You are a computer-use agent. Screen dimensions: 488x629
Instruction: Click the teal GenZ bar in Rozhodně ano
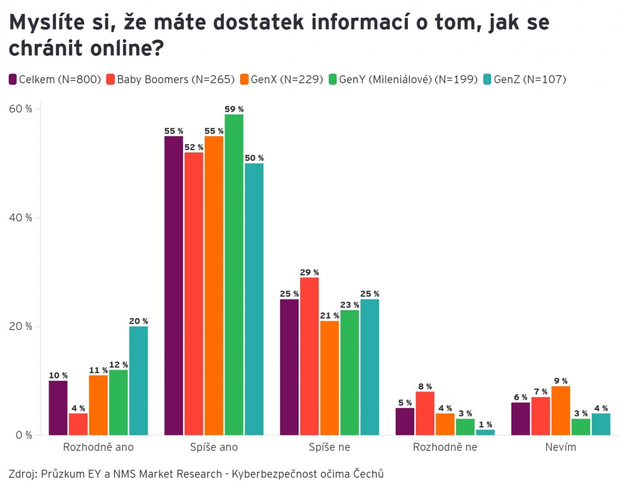tap(138, 380)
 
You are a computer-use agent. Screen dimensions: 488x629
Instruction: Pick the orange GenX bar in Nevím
tap(561, 410)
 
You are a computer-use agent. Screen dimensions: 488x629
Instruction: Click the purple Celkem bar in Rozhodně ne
tap(405, 421)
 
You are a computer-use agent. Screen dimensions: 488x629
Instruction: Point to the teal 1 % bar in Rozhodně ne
tap(485, 432)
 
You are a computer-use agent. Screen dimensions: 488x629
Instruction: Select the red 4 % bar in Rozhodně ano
tap(78, 424)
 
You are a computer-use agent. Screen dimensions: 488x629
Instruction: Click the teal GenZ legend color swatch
tap(487, 79)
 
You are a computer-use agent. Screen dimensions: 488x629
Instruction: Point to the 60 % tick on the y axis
tap(20, 109)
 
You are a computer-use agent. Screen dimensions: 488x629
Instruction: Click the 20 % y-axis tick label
tap(20, 326)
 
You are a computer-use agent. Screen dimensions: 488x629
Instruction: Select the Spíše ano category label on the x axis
tap(214, 447)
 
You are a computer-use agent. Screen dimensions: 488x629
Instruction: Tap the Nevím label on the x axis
tap(561, 447)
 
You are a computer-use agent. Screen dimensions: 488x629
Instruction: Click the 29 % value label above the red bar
tap(309, 272)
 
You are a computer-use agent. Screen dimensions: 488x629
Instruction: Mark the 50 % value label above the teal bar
tap(254, 158)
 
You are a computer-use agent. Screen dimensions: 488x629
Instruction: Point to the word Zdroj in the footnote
tap(23, 474)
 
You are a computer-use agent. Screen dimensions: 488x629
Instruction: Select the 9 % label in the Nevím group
tap(561, 381)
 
